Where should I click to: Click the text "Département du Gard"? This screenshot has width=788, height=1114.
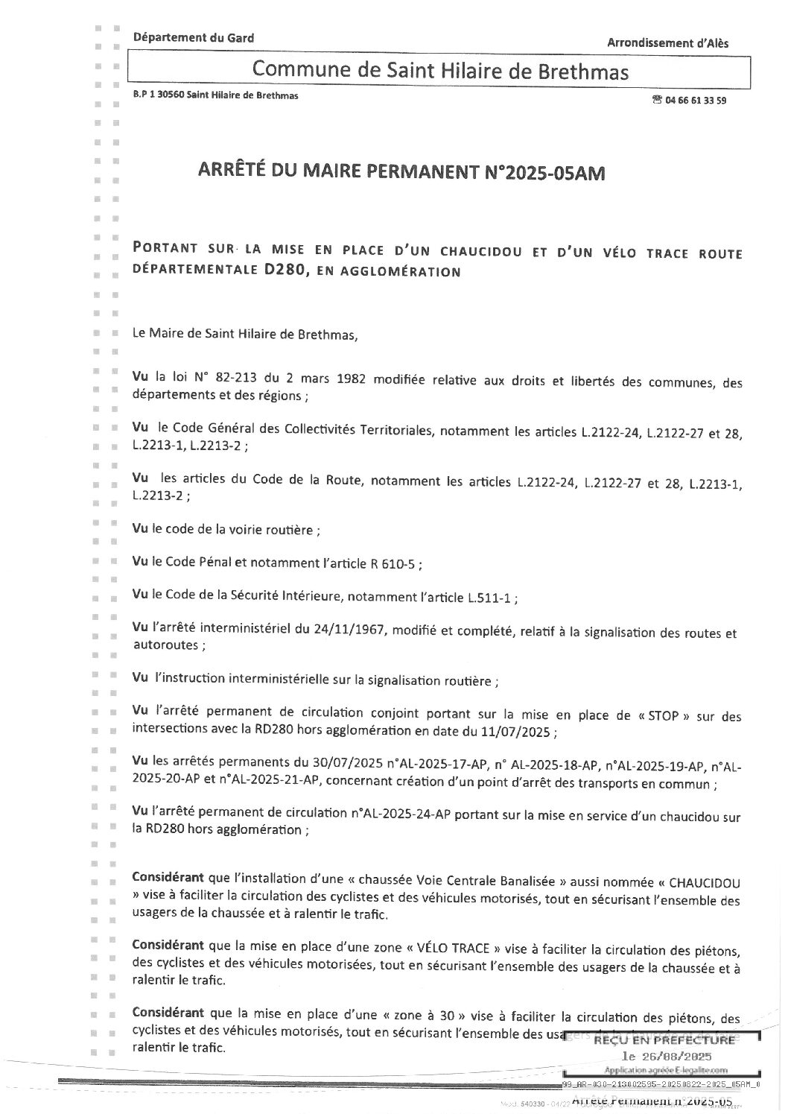click(193, 37)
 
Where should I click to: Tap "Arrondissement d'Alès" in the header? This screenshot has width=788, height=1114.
click(667, 42)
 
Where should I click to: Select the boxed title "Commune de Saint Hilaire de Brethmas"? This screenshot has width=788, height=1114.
click(440, 71)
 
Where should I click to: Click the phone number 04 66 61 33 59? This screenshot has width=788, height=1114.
click(696, 100)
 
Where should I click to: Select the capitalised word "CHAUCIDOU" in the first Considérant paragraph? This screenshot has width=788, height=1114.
click(705, 883)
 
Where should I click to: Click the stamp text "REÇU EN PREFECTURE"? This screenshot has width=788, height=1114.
click(664, 1039)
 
